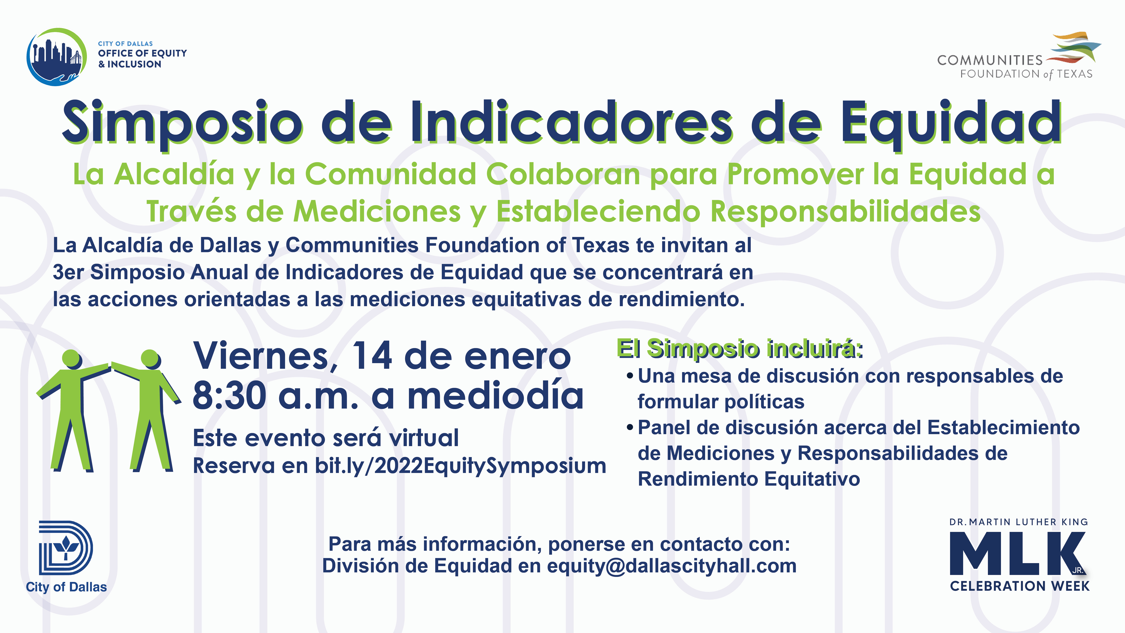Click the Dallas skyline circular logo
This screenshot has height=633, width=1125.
tap(56, 57)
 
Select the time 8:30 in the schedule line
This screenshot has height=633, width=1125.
tap(229, 395)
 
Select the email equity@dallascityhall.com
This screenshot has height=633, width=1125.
tap(672, 566)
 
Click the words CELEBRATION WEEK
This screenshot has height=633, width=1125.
tap(1020, 586)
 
